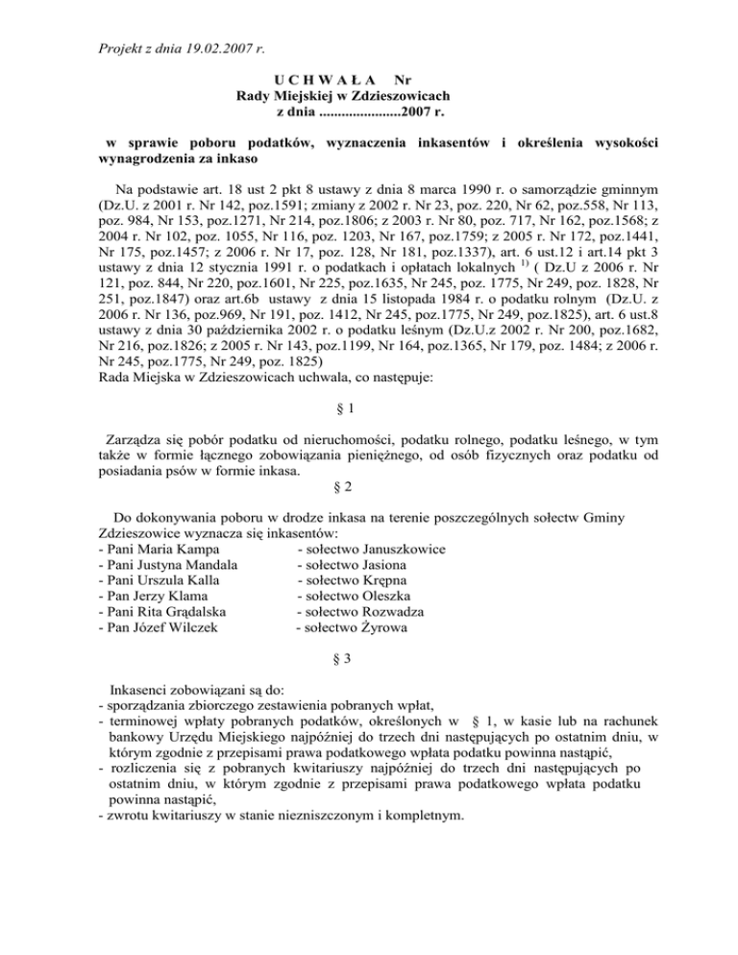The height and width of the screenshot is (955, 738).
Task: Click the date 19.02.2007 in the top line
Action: coord(223,45)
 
